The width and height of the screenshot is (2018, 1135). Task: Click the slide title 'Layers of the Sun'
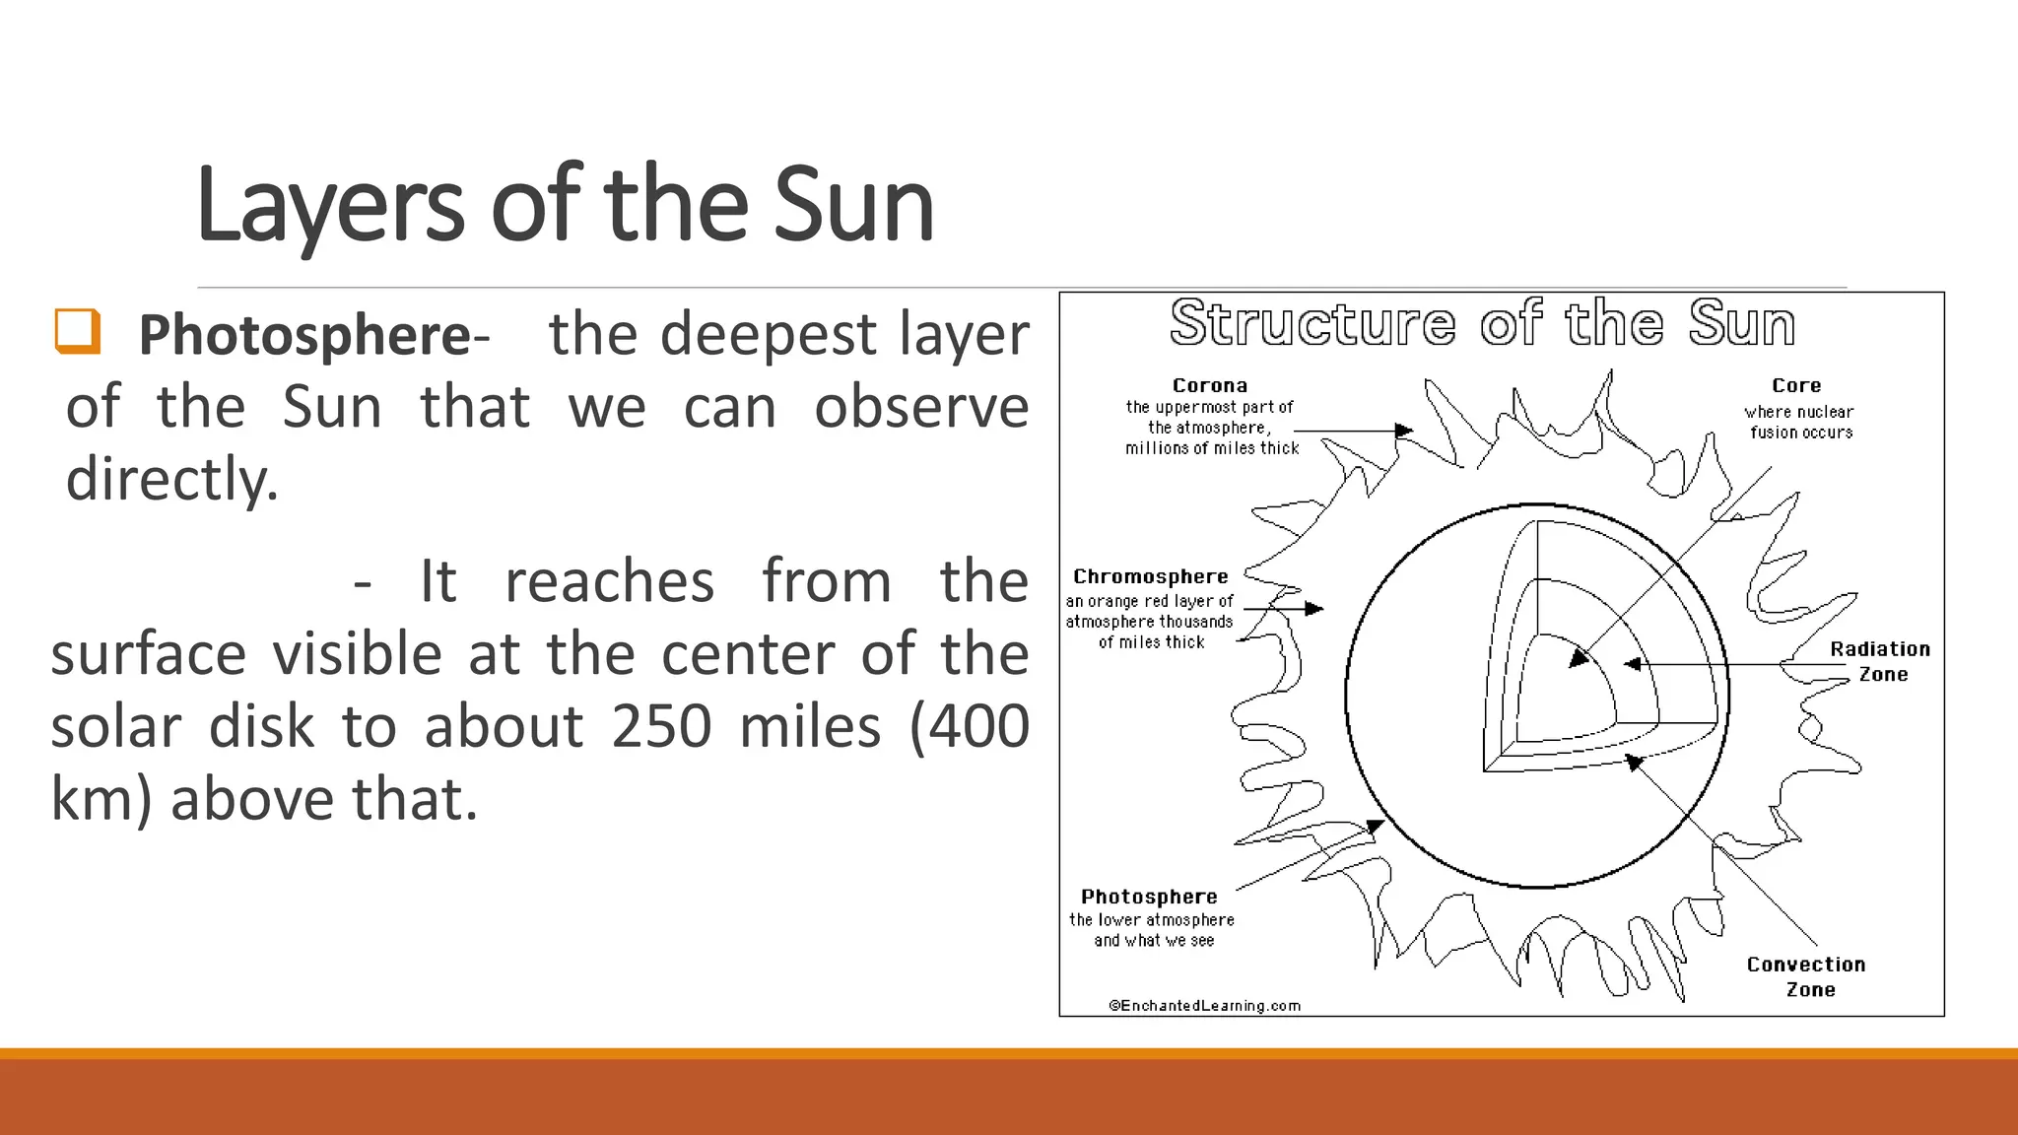(565, 204)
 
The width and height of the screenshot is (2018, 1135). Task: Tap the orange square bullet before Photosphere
(78, 331)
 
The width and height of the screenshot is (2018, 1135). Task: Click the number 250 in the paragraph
(661, 726)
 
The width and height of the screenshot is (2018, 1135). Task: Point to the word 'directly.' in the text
(172, 480)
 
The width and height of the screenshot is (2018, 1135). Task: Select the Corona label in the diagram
(1209, 385)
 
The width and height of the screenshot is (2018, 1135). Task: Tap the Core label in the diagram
(1795, 385)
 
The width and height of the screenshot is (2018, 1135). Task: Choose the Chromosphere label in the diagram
(1150, 576)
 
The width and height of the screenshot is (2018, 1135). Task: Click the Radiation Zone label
(1880, 661)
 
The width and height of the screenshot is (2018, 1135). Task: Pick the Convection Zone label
(1806, 976)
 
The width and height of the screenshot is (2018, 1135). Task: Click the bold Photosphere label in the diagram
(1149, 897)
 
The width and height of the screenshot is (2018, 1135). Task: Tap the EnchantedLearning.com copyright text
(1204, 1005)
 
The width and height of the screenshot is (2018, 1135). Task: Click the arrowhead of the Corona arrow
(1405, 431)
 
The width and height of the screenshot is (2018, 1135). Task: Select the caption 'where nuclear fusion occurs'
(1799, 422)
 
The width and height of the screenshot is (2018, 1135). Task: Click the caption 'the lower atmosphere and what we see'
(1152, 930)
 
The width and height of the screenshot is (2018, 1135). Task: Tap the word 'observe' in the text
(921, 407)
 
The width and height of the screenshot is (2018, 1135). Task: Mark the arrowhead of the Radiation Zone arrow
(1632, 664)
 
